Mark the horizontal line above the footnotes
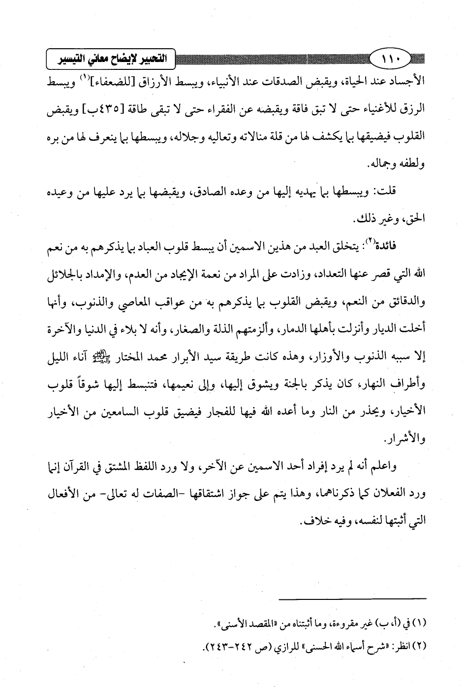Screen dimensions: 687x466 tap(353, 599)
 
